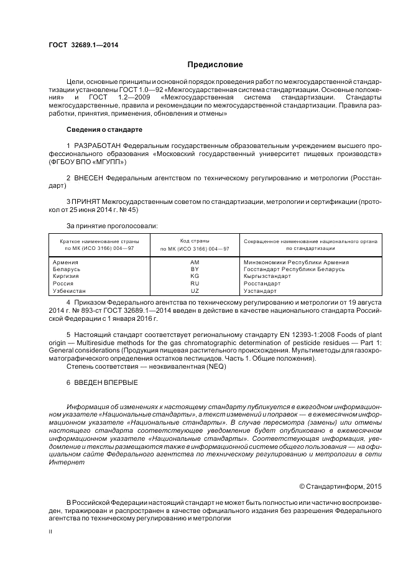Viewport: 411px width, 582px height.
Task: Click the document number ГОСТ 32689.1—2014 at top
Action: [83, 45]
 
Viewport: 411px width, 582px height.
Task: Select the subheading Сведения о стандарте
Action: [104, 129]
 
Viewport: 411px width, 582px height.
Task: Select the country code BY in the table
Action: [195, 269]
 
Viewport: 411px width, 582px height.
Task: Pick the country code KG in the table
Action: [195, 276]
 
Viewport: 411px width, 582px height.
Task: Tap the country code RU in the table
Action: [195, 283]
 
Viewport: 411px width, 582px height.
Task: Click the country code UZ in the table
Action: [195, 290]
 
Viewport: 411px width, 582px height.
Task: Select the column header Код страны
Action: [195, 241]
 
